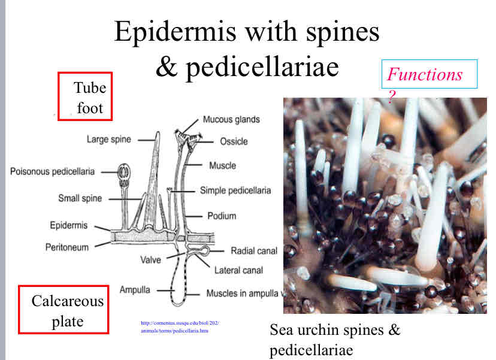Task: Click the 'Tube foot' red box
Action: click(85, 96)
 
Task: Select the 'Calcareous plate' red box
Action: click(63, 310)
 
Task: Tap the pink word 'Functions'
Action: click(424, 74)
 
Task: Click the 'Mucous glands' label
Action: click(231, 119)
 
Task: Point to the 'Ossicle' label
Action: click(233, 141)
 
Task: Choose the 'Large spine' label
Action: click(110, 140)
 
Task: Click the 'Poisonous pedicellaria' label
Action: click(52, 171)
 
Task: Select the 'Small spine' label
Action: click(80, 198)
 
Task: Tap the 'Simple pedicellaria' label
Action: click(235, 190)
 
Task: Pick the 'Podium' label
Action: click(222, 216)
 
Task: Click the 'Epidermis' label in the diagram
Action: click(69, 225)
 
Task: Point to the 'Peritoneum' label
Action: click(67, 246)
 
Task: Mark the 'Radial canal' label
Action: click(254, 250)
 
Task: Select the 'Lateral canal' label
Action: click(238, 270)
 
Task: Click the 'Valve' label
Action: click(150, 260)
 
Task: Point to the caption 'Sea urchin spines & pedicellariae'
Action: click(334, 339)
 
